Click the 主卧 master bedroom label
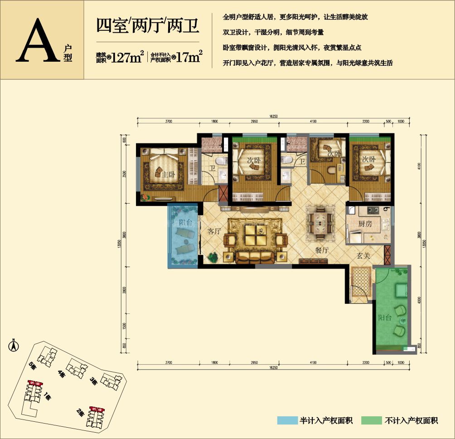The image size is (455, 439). click(169, 175)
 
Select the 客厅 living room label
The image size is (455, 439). click(214, 231)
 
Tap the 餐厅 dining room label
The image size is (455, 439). click(322, 250)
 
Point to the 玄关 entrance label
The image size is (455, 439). click(363, 256)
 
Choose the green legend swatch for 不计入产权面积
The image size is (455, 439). click(371, 420)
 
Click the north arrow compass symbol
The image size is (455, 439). click(14, 346)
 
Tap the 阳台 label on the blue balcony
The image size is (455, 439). click(184, 223)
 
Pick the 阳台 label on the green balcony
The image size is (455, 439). click(385, 318)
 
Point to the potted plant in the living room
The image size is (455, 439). click(213, 257)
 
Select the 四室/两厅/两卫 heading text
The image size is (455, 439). click(148, 24)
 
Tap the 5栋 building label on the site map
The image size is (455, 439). click(32, 366)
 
